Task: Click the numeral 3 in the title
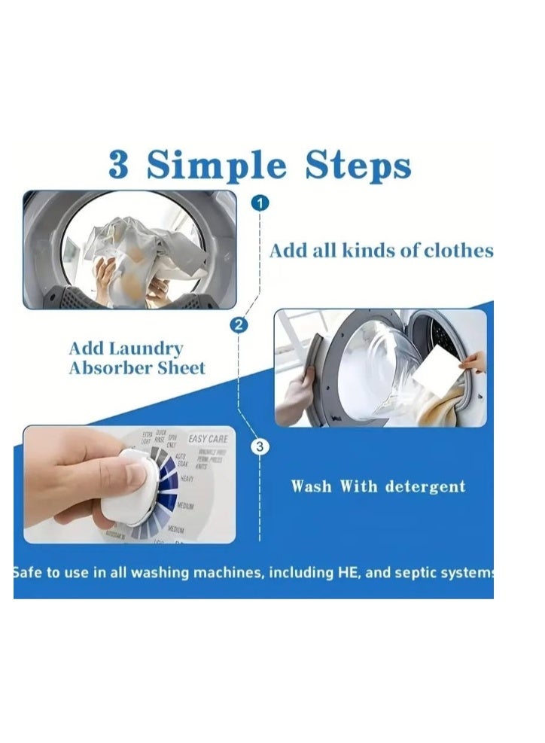[x=119, y=165]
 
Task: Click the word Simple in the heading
[x=217, y=166]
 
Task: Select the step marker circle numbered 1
[x=260, y=203]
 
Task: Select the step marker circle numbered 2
[x=239, y=325]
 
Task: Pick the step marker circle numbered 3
[x=260, y=447]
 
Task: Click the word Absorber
[x=109, y=369]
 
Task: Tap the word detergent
[x=425, y=486]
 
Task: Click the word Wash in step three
[x=312, y=486]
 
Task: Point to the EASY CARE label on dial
[x=208, y=438]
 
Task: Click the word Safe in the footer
[x=28, y=573]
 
